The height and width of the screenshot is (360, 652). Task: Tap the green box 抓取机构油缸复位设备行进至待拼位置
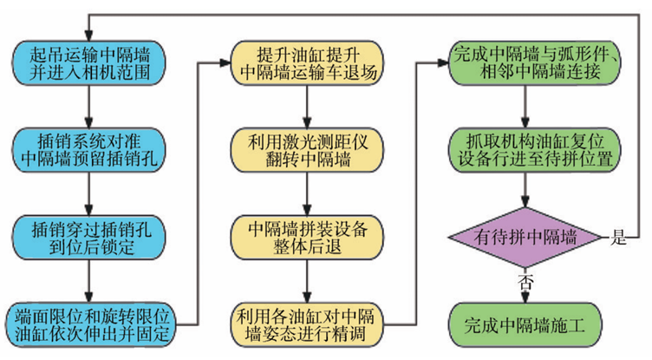536,148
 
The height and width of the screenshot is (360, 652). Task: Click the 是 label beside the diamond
619,239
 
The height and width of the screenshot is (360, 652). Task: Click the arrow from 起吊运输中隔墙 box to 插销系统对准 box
89,107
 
